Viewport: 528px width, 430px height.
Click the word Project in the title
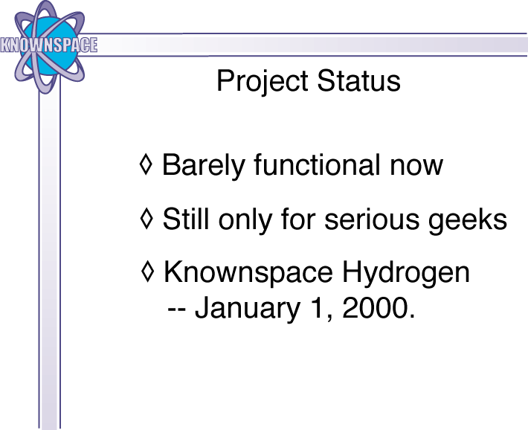pos(263,81)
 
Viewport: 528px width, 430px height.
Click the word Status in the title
pos(359,81)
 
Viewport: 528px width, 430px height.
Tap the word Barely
pos(203,166)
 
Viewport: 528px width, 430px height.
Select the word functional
pos(317,164)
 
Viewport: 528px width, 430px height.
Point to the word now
pos(416,167)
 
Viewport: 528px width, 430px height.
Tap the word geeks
pos(467,221)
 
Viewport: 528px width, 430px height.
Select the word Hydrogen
pos(406,273)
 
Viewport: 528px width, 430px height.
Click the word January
pos(248,309)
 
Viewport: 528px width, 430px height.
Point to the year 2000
pos(376,307)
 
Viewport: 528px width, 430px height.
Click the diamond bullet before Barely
pos(146,164)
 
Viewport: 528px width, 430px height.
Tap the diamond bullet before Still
pos(147,219)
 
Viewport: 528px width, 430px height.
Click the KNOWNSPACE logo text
pos(49,45)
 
